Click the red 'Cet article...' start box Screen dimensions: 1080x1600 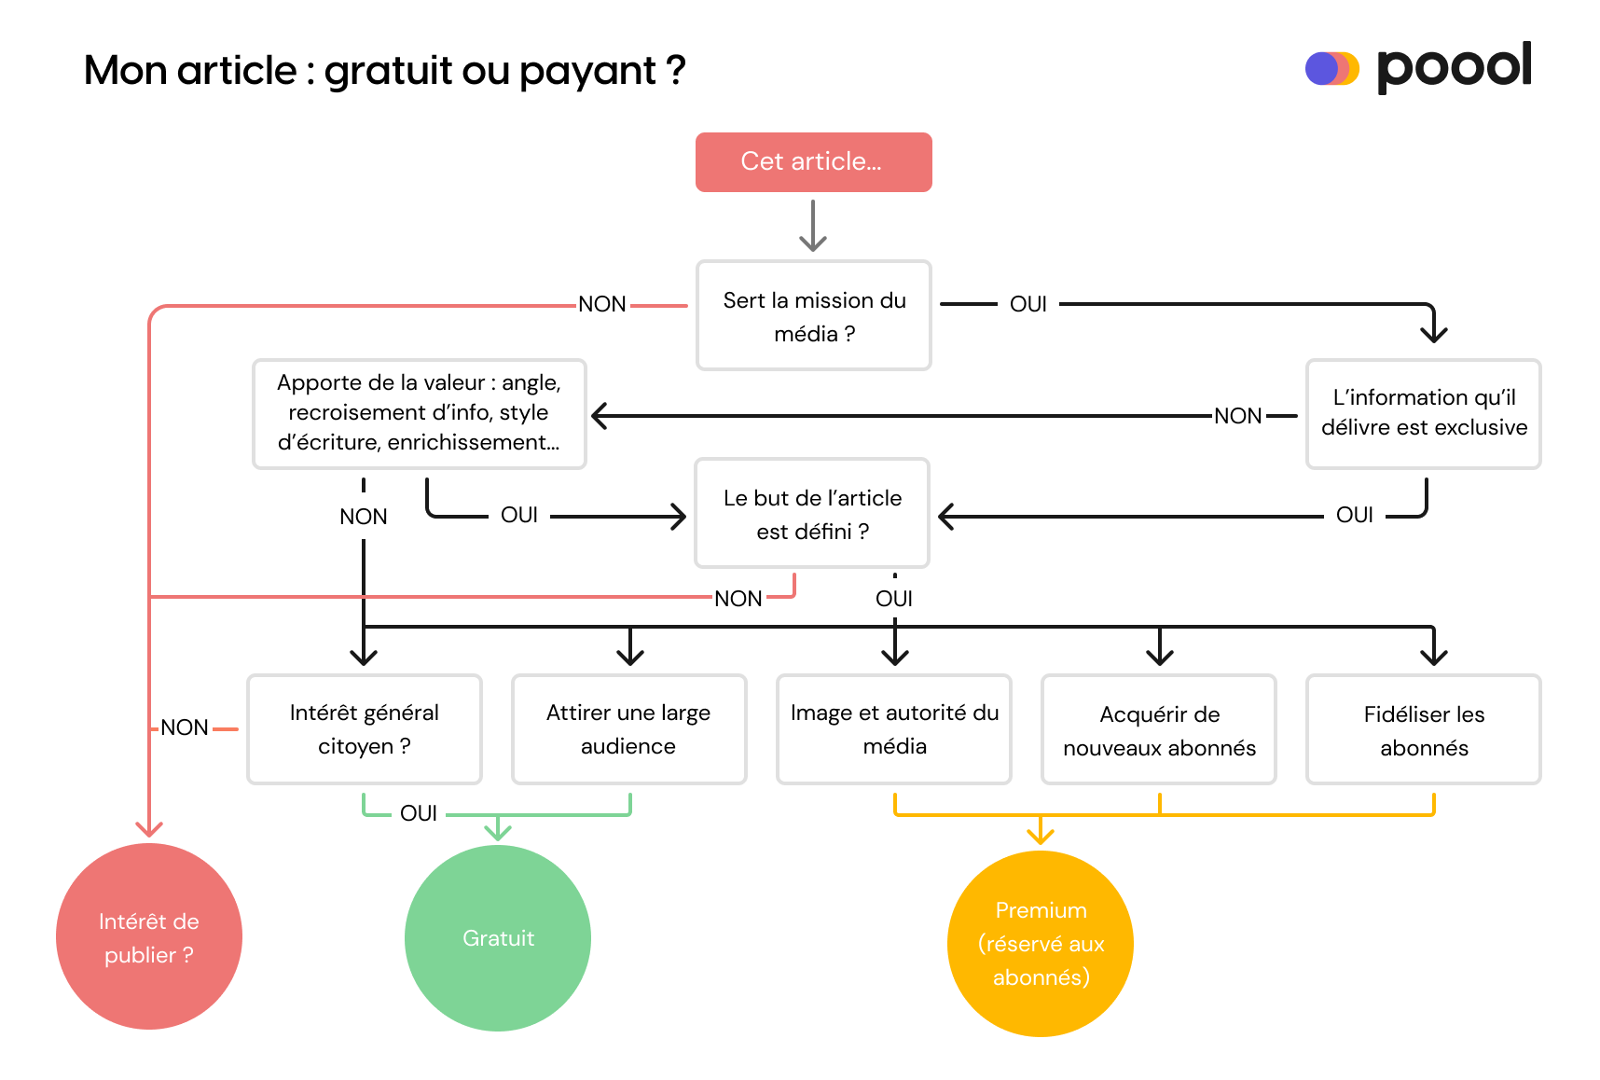click(813, 162)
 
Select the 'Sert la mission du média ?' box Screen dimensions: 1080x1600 click(813, 315)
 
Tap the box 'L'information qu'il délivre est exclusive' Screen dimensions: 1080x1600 click(1423, 413)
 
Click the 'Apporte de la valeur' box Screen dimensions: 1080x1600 click(419, 413)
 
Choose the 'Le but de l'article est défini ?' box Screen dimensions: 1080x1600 click(811, 513)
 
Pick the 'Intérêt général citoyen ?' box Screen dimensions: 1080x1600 click(364, 729)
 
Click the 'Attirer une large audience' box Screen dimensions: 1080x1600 click(628, 729)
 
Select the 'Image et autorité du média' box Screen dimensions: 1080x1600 click(893, 729)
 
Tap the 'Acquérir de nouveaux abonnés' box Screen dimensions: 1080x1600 click(1158, 729)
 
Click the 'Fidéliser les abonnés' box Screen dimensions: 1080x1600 click(1423, 729)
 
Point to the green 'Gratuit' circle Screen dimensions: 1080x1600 click(498, 937)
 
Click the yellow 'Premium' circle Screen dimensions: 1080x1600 click(1041, 943)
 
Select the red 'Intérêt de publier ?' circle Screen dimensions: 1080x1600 click(149, 936)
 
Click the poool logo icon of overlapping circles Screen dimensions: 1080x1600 click(1331, 69)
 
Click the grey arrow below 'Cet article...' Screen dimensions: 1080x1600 click(813, 227)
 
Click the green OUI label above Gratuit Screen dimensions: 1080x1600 click(419, 813)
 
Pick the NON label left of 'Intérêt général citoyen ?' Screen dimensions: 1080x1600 click(185, 727)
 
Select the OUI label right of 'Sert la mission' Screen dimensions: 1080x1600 click(1028, 304)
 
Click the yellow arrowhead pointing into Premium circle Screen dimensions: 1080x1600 click(1041, 833)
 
